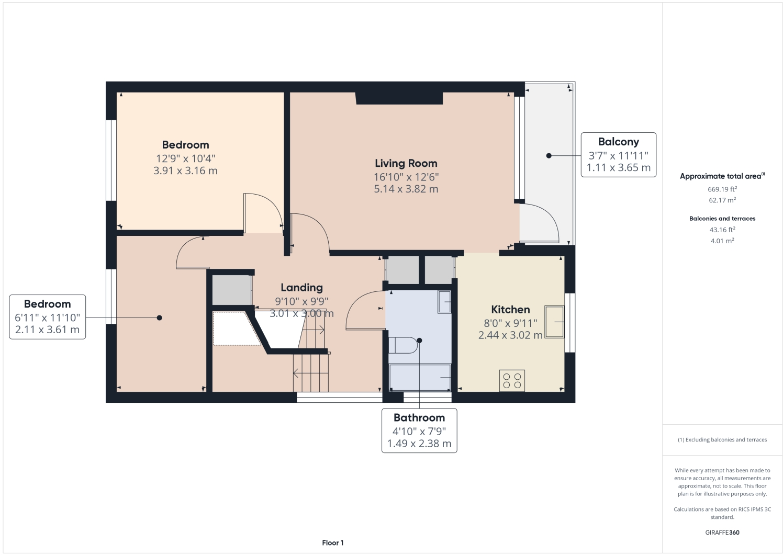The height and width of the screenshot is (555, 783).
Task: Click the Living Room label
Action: tap(406, 163)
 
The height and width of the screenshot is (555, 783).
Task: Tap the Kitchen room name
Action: tap(510, 309)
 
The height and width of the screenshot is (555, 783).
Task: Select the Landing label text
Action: tap(301, 287)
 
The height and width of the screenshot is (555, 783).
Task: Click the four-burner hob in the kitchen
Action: tap(512, 380)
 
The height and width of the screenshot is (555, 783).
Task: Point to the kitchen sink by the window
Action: tap(554, 322)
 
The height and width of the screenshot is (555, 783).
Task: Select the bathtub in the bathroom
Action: tap(420, 377)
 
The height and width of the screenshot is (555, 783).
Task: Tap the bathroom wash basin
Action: tap(444, 301)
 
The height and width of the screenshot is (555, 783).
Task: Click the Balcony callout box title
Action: tap(618, 142)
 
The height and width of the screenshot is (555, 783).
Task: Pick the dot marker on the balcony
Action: tap(549, 155)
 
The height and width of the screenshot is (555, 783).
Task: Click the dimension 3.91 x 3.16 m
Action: tap(185, 171)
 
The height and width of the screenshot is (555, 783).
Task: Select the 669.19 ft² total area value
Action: tap(722, 189)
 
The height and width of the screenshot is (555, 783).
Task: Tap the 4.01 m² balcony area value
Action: tap(722, 241)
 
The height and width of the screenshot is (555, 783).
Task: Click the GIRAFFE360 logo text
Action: tap(722, 533)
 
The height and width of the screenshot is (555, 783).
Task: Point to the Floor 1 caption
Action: tap(332, 543)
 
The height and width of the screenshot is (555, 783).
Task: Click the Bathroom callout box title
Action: tap(419, 417)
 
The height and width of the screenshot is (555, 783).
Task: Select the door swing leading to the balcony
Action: tap(539, 222)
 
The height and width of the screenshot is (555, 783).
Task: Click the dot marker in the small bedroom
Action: tap(159, 318)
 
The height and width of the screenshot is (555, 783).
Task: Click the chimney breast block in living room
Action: tap(399, 98)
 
